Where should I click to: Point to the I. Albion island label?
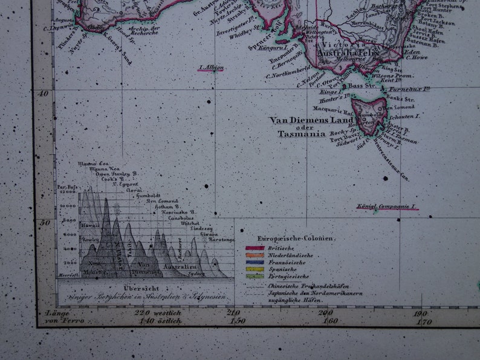[x=211, y=68]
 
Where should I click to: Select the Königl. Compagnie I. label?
[x=386, y=207]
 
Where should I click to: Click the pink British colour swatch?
[x=255, y=248]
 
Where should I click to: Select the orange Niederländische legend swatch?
[x=255, y=256]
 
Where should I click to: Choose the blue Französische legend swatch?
[x=255, y=262]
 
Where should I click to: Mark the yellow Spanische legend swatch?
[x=255, y=269]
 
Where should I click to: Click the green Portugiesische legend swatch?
[x=255, y=276]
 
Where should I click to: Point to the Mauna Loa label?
[x=92, y=163]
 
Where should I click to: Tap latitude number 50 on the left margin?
[x=44, y=222]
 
